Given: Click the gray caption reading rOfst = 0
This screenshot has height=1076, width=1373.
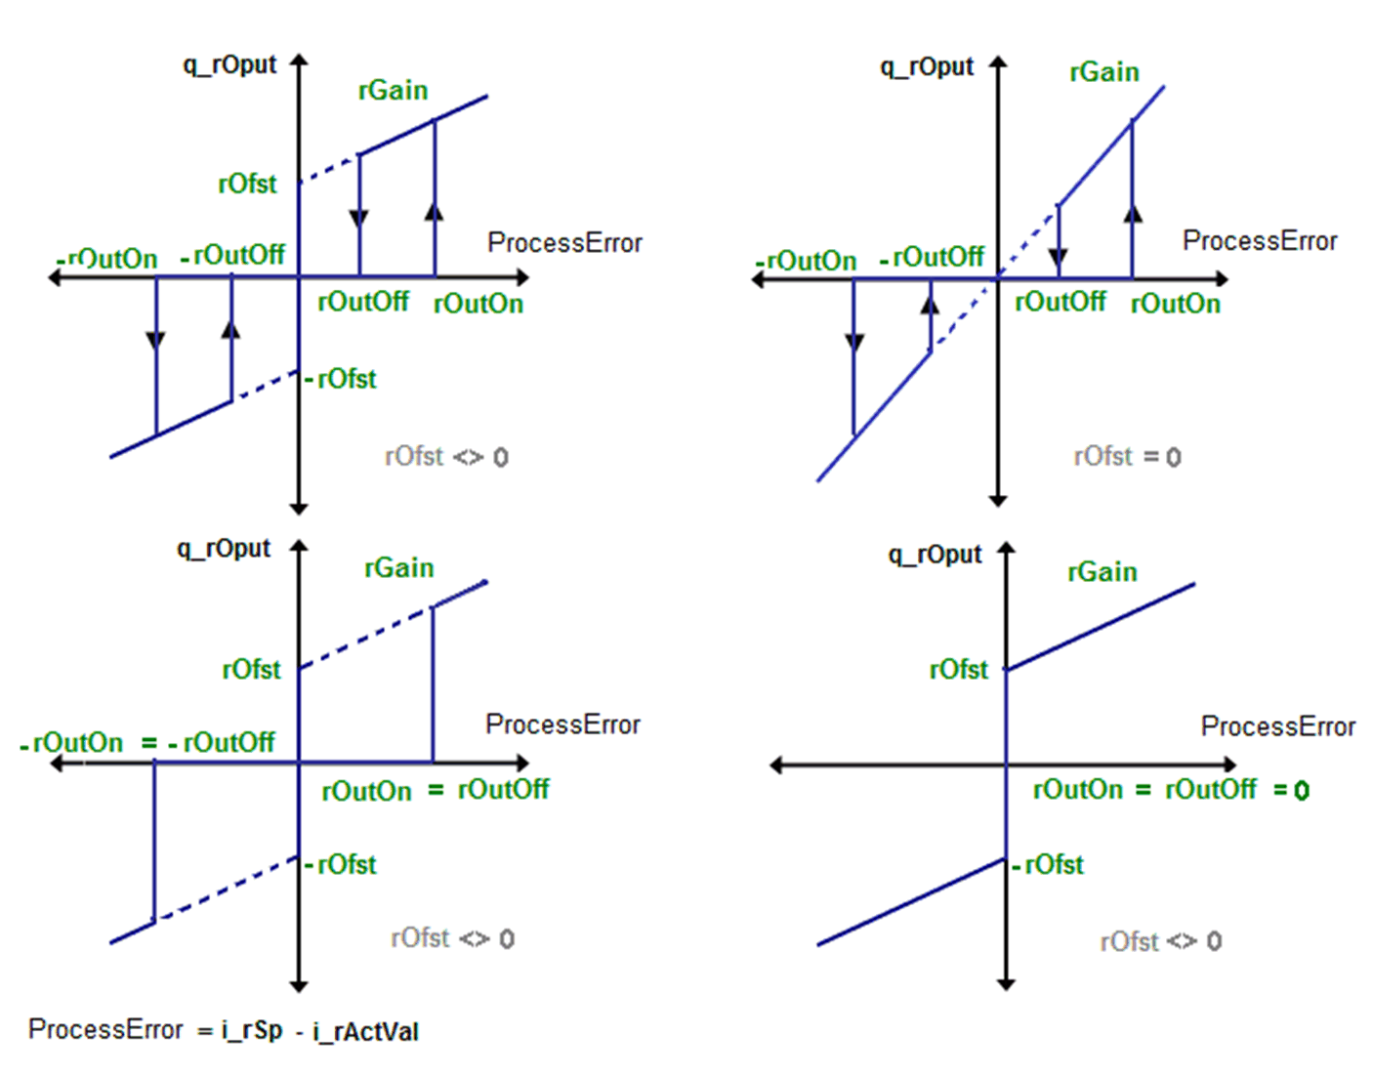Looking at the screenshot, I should [x=1127, y=456].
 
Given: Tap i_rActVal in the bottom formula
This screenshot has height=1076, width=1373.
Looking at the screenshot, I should [x=365, y=1031].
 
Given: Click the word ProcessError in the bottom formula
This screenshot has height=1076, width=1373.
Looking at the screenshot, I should [x=105, y=1029].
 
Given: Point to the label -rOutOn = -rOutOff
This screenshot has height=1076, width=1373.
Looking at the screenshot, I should [x=147, y=742].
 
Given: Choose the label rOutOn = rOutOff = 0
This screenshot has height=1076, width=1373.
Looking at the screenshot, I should [x=1170, y=789].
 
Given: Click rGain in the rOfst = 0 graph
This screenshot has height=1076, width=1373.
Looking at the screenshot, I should [x=1104, y=72].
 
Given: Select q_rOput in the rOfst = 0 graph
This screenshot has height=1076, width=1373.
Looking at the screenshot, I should [x=927, y=66].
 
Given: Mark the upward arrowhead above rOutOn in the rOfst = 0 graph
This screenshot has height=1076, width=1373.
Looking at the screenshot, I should [x=1133, y=213].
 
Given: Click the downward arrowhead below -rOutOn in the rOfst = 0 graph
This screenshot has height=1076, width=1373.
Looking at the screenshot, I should [x=854, y=341].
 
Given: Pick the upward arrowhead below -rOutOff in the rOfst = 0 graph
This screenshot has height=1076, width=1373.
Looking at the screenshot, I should [x=931, y=306].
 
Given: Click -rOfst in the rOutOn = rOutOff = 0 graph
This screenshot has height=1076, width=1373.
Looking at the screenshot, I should [x=1049, y=864].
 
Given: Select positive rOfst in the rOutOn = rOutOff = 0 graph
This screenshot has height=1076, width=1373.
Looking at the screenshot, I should [x=959, y=669].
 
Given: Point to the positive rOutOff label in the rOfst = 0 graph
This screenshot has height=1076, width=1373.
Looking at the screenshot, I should [x=1061, y=302].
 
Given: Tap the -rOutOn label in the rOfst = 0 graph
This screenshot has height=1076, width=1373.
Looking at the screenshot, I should [x=807, y=261].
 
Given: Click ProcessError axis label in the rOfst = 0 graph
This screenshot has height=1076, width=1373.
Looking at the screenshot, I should [x=1260, y=241].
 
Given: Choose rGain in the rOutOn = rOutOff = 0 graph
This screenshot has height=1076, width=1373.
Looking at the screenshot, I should [x=1103, y=572].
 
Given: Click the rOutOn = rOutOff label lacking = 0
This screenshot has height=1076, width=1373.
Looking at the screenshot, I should [x=436, y=789].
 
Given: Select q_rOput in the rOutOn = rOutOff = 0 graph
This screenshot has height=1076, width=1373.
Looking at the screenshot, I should [x=935, y=555].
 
